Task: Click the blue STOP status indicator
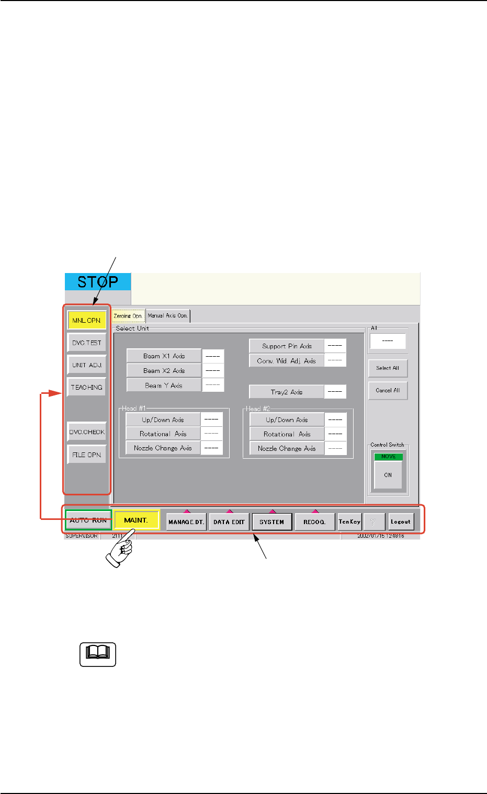98,282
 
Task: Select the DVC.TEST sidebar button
87,343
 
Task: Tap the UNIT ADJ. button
87,365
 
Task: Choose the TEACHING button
87,387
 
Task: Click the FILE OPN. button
87,455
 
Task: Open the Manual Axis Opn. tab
168,316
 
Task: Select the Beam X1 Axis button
164,356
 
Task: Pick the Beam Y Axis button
164,385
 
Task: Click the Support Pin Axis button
287,346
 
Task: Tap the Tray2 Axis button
287,392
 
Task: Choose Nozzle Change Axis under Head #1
163,448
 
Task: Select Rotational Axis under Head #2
287,434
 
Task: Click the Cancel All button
388,390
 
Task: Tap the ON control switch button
388,475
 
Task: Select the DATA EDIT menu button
229,522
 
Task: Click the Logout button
401,521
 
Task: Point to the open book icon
98,654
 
